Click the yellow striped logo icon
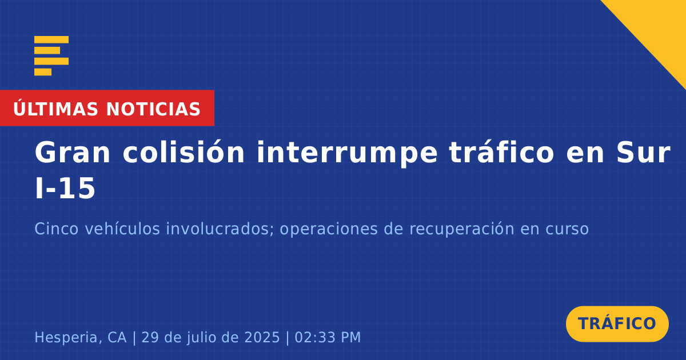click(51, 56)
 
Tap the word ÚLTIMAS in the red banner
click(55, 109)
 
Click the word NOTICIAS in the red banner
click(153, 109)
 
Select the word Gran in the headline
click(72, 153)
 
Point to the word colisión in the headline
click(184, 152)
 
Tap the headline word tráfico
click(502, 152)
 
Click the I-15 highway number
click(65, 188)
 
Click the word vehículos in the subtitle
click(122, 229)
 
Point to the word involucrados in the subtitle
click(220, 229)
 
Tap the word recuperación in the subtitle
click(461, 230)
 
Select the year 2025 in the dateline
click(262, 337)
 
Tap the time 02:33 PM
click(328, 337)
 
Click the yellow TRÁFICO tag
click(617, 324)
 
